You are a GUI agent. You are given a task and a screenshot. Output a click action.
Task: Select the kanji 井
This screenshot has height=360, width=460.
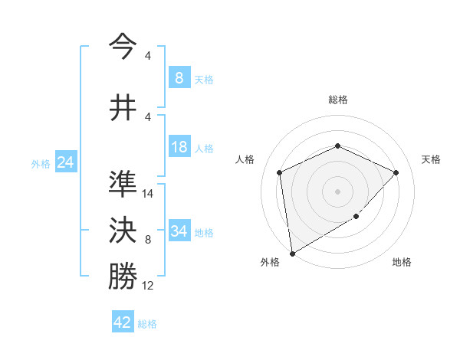pos(123,106)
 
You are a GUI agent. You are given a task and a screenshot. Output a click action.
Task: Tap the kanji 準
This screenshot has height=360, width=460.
pos(123,184)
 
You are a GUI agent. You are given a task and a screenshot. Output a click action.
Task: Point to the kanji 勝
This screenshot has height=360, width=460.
pos(123,277)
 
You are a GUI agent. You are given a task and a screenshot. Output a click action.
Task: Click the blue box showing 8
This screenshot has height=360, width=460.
pos(179,77)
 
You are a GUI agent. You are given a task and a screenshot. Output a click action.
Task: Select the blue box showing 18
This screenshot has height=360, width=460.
pos(179,147)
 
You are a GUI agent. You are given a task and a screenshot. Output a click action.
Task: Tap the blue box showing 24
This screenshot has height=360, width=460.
pos(65,162)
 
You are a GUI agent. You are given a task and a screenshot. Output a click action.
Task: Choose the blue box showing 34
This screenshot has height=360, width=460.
pos(179,231)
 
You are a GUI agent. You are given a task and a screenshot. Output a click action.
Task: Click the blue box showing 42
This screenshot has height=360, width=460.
pos(123,322)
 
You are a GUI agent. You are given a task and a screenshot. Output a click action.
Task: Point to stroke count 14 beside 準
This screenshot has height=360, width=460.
pos(148,194)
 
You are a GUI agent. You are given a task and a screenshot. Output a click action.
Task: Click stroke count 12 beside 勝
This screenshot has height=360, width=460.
pos(148,286)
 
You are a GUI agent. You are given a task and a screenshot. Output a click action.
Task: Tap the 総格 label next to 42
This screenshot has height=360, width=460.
pos(147,324)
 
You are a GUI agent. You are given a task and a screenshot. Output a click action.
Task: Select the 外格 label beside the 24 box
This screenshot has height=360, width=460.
pos(41,163)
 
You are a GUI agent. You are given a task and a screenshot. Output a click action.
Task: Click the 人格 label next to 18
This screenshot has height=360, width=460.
pos(204,148)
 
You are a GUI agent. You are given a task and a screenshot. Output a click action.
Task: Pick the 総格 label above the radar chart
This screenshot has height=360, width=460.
pos(337,100)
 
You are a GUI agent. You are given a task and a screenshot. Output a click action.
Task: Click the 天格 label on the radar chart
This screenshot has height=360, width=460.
pos(431,159)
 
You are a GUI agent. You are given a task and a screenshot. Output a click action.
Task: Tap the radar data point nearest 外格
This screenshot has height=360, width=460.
pos(292,253)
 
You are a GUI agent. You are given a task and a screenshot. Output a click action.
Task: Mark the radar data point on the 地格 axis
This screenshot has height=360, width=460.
pos(356,217)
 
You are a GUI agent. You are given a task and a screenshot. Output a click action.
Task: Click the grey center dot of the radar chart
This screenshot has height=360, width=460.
pos(337,191)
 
